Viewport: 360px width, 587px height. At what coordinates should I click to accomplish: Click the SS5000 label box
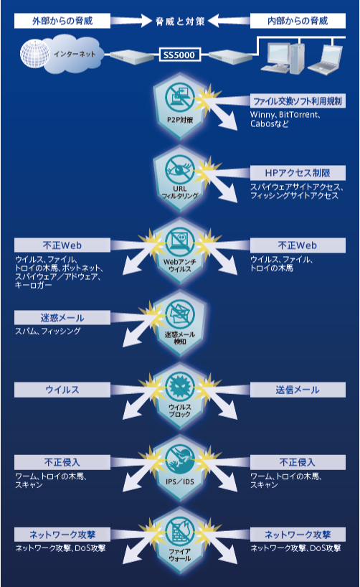click(179, 55)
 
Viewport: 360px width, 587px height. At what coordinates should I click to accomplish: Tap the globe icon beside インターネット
click(34, 54)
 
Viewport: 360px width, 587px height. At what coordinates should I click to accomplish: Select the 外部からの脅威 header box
click(62, 21)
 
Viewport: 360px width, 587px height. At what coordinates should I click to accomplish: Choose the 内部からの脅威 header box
click(298, 21)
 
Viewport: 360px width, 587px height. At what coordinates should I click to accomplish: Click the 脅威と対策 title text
click(180, 22)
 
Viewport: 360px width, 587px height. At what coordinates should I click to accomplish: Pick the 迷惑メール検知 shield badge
click(179, 323)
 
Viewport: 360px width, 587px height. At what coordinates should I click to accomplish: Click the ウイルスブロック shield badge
click(179, 395)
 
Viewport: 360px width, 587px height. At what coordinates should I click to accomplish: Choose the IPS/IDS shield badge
click(179, 467)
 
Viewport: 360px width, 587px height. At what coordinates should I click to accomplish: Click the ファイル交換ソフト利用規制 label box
click(298, 101)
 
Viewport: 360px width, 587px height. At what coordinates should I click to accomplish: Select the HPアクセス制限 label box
click(298, 173)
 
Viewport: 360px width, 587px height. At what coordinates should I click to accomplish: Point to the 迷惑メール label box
click(62, 317)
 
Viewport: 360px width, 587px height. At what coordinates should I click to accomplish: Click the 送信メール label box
click(298, 390)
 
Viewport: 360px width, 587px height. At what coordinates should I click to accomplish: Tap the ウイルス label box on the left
click(62, 390)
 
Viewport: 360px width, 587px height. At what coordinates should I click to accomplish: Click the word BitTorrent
click(299, 115)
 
